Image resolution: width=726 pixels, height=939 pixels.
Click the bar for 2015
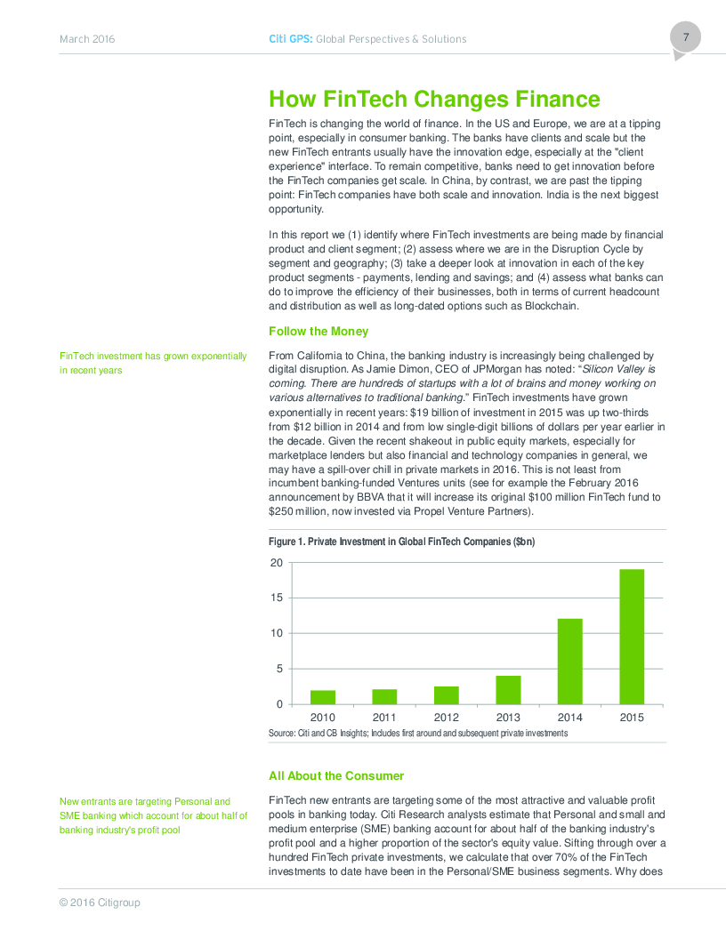[632, 637]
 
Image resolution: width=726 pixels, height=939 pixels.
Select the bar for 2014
[569, 662]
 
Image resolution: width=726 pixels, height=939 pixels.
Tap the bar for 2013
[508, 690]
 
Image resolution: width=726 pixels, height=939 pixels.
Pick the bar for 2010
[323, 697]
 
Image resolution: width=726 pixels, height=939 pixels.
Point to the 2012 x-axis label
[447, 718]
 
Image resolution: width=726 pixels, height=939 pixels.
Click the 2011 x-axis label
[384, 718]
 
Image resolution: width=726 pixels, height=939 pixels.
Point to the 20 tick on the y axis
[276, 563]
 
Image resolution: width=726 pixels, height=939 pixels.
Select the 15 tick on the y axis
[276, 598]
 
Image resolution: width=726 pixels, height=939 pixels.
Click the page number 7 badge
[686, 38]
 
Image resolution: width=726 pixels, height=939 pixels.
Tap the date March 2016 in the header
[87, 39]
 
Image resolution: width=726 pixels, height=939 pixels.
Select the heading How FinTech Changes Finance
[434, 100]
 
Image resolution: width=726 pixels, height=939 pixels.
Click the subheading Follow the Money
[319, 332]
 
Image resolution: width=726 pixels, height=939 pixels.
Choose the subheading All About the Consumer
[336, 776]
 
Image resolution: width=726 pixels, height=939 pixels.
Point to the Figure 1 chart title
[401, 542]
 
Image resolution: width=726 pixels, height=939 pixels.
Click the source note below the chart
[418, 733]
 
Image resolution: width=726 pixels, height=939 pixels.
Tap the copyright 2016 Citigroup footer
[100, 903]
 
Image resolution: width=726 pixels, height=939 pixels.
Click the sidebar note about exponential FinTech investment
[153, 363]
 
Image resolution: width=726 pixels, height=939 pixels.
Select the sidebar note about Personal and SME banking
[153, 815]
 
